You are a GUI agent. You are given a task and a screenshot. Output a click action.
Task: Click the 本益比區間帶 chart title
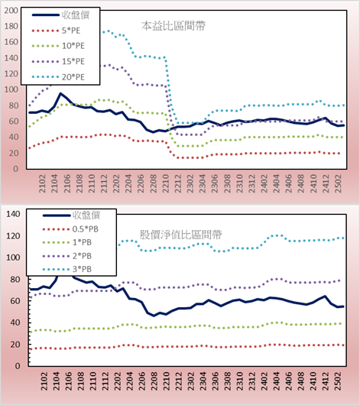point(174,26)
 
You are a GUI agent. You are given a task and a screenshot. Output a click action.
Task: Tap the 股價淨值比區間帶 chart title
point(180,235)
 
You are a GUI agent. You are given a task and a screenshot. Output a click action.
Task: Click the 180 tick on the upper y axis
point(11,26)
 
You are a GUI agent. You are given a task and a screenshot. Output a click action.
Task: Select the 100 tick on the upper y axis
point(11,89)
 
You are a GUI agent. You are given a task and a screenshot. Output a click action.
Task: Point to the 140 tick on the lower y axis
point(13,214)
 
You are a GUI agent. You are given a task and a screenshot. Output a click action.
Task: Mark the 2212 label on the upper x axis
point(178,183)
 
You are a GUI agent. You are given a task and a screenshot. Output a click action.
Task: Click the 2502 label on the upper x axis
point(339,183)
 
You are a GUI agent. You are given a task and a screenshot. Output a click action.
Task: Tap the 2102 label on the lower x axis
point(44,381)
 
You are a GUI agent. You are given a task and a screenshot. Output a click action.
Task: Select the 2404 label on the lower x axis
point(277,381)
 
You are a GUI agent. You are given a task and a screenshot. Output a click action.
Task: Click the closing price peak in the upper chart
point(60,93)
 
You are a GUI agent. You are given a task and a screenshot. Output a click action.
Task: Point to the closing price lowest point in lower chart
point(154,316)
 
